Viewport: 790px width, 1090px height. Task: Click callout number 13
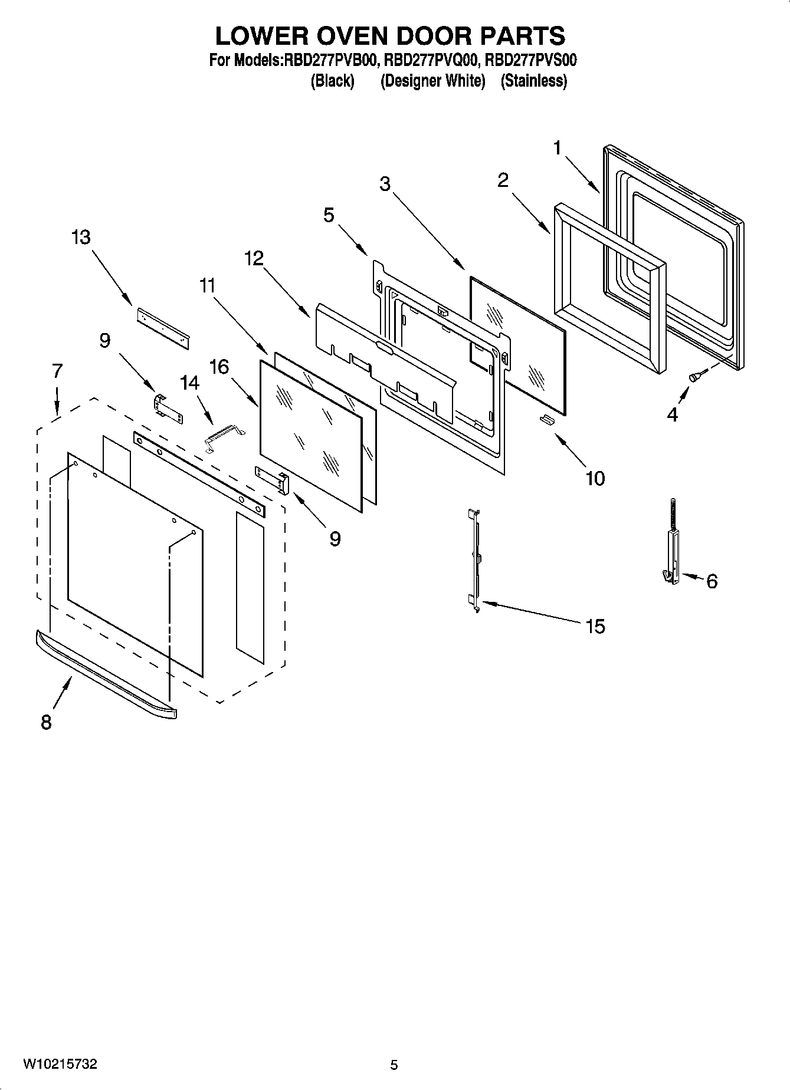(x=81, y=238)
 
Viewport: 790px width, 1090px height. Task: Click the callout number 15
(x=595, y=625)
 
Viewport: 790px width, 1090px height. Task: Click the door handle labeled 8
(x=106, y=676)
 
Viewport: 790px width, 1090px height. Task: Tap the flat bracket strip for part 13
(x=163, y=327)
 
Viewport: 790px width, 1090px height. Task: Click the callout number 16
(x=219, y=367)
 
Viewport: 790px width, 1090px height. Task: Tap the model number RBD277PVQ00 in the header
(x=432, y=60)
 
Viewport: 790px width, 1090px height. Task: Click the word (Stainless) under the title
(x=533, y=81)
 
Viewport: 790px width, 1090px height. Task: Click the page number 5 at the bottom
(x=394, y=1065)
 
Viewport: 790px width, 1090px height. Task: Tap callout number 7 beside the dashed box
(x=57, y=371)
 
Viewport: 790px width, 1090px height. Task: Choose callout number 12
(x=254, y=258)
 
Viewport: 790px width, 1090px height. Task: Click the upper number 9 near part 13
(x=104, y=340)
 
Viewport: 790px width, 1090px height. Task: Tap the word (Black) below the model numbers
(x=332, y=81)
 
